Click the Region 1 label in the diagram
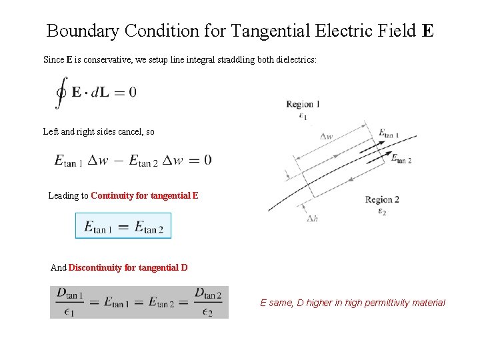[303, 104]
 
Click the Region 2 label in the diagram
[382, 199]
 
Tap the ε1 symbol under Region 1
[303, 116]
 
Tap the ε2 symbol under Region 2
[382, 212]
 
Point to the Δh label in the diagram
[311, 218]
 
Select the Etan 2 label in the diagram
[401, 159]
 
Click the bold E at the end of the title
[427, 31]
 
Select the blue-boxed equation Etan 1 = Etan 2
[123, 226]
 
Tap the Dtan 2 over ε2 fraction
[209, 302]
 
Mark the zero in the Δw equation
[207, 160]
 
